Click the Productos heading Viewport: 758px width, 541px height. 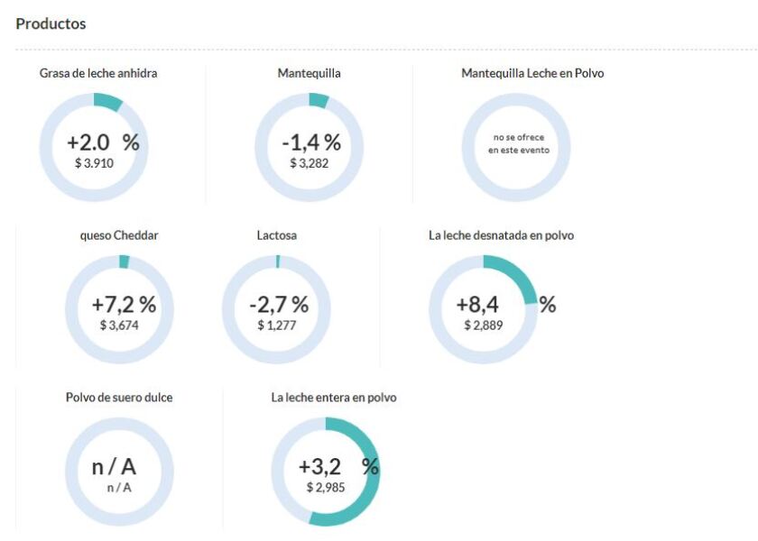(51, 23)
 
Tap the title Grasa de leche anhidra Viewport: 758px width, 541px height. (98, 73)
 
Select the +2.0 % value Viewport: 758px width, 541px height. (103, 142)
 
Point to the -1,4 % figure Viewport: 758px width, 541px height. (311, 142)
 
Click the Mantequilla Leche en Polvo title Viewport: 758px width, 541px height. (532, 73)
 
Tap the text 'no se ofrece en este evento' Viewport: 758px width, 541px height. (518, 144)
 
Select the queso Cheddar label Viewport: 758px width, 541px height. (120, 235)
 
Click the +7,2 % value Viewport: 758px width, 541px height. (124, 305)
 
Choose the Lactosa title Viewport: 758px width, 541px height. (277, 235)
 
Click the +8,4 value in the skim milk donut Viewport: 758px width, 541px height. (478, 305)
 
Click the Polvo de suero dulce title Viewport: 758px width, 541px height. (119, 398)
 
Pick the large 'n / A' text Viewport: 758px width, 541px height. (115, 466)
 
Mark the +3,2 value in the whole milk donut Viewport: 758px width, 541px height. (321, 466)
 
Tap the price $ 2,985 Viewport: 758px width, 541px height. (326, 487)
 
